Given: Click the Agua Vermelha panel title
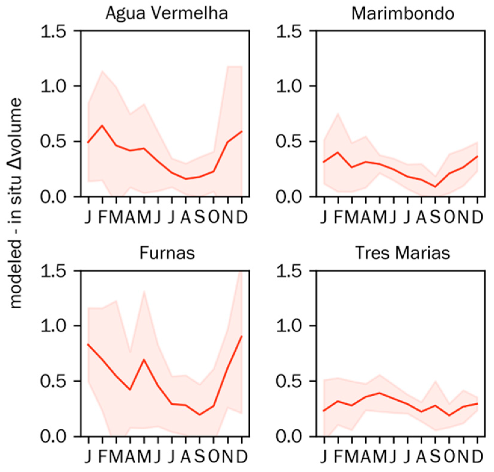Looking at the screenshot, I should pyautogui.click(x=167, y=14).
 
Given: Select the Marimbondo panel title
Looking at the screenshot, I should pyautogui.click(x=403, y=14).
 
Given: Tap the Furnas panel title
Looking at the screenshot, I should pyautogui.click(x=167, y=253).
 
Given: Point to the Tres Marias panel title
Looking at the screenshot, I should pyautogui.click(x=403, y=253).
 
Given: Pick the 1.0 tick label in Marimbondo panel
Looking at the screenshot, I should pyautogui.click(x=292, y=86).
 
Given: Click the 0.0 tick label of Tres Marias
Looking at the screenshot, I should pyautogui.click(x=292, y=437).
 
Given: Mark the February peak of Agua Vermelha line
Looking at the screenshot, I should pyautogui.click(x=102, y=125).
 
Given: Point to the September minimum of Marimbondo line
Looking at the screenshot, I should pyautogui.click(x=435, y=187).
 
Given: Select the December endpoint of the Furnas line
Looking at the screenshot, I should pyautogui.click(x=242, y=336).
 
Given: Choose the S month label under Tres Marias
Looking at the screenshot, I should pyautogui.click(x=435, y=457).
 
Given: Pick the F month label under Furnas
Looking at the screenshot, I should pyautogui.click(x=103, y=457).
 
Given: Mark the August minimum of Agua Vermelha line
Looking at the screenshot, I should pyautogui.click(x=186, y=179).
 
